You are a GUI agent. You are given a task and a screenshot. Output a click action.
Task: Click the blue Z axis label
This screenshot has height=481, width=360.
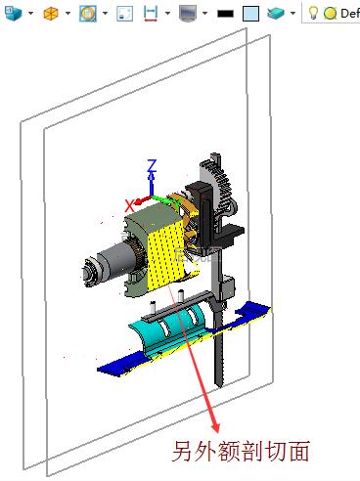click(x=152, y=165)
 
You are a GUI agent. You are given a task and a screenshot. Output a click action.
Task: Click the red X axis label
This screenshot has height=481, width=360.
click(x=130, y=206)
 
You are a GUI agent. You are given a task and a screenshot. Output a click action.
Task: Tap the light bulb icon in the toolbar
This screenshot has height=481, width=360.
click(x=313, y=13)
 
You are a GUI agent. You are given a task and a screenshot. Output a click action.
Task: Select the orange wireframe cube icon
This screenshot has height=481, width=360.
click(x=51, y=14)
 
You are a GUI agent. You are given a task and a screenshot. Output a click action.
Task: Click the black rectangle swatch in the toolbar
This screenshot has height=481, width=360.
click(x=225, y=14)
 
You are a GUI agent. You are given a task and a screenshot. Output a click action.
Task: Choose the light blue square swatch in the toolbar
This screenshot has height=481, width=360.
click(x=251, y=14)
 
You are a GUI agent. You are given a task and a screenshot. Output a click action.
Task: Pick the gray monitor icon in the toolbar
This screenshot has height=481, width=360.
click(x=188, y=14)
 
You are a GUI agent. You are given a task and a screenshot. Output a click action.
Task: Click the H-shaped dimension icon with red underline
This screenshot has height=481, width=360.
click(x=151, y=14)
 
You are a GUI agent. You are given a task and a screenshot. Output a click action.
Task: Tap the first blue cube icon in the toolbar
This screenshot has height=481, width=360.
click(x=13, y=14)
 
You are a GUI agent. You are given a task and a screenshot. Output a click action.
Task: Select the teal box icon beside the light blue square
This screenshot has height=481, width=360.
click(x=276, y=14)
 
